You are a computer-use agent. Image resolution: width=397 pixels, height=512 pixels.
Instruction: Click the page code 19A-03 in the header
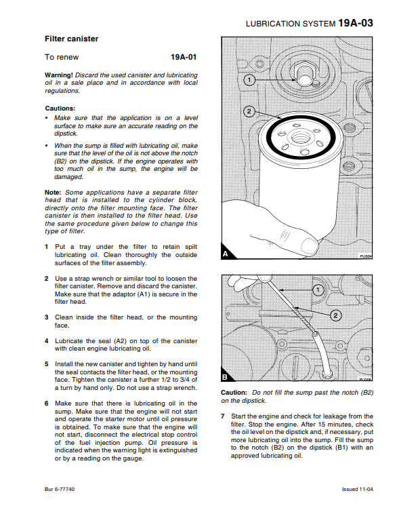coord(355,23)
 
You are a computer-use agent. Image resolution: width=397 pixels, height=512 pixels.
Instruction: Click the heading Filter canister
coord(71,39)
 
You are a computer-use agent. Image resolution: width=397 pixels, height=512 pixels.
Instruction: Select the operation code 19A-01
coord(184,57)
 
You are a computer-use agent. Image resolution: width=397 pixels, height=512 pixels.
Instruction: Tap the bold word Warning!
coord(59,75)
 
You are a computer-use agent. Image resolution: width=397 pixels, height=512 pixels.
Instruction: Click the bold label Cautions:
coord(60,109)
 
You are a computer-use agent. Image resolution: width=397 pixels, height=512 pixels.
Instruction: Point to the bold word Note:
coord(53,193)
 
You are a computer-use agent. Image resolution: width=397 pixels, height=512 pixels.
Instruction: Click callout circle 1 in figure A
coord(249,79)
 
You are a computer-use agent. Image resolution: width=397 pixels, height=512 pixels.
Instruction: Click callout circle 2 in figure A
coord(249,112)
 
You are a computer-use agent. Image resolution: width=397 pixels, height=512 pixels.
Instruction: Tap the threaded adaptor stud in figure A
coord(303,74)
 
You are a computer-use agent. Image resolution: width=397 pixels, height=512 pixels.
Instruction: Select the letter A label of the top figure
coord(226,254)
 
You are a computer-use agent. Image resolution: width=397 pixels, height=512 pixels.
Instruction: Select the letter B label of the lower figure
coord(225,377)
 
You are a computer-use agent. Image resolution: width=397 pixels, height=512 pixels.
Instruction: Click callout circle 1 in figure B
coord(318,290)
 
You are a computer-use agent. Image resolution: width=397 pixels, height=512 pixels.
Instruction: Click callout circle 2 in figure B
coord(335,315)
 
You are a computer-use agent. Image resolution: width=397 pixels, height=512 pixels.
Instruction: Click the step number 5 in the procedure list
coord(47,364)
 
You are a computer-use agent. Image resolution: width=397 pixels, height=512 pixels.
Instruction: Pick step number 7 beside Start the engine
coord(222,416)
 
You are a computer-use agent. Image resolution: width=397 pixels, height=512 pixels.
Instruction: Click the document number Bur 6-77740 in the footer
coord(60,489)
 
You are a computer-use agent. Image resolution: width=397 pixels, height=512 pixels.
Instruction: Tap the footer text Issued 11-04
coord(357,489)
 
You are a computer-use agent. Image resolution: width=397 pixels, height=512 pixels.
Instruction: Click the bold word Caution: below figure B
coord(234,393)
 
